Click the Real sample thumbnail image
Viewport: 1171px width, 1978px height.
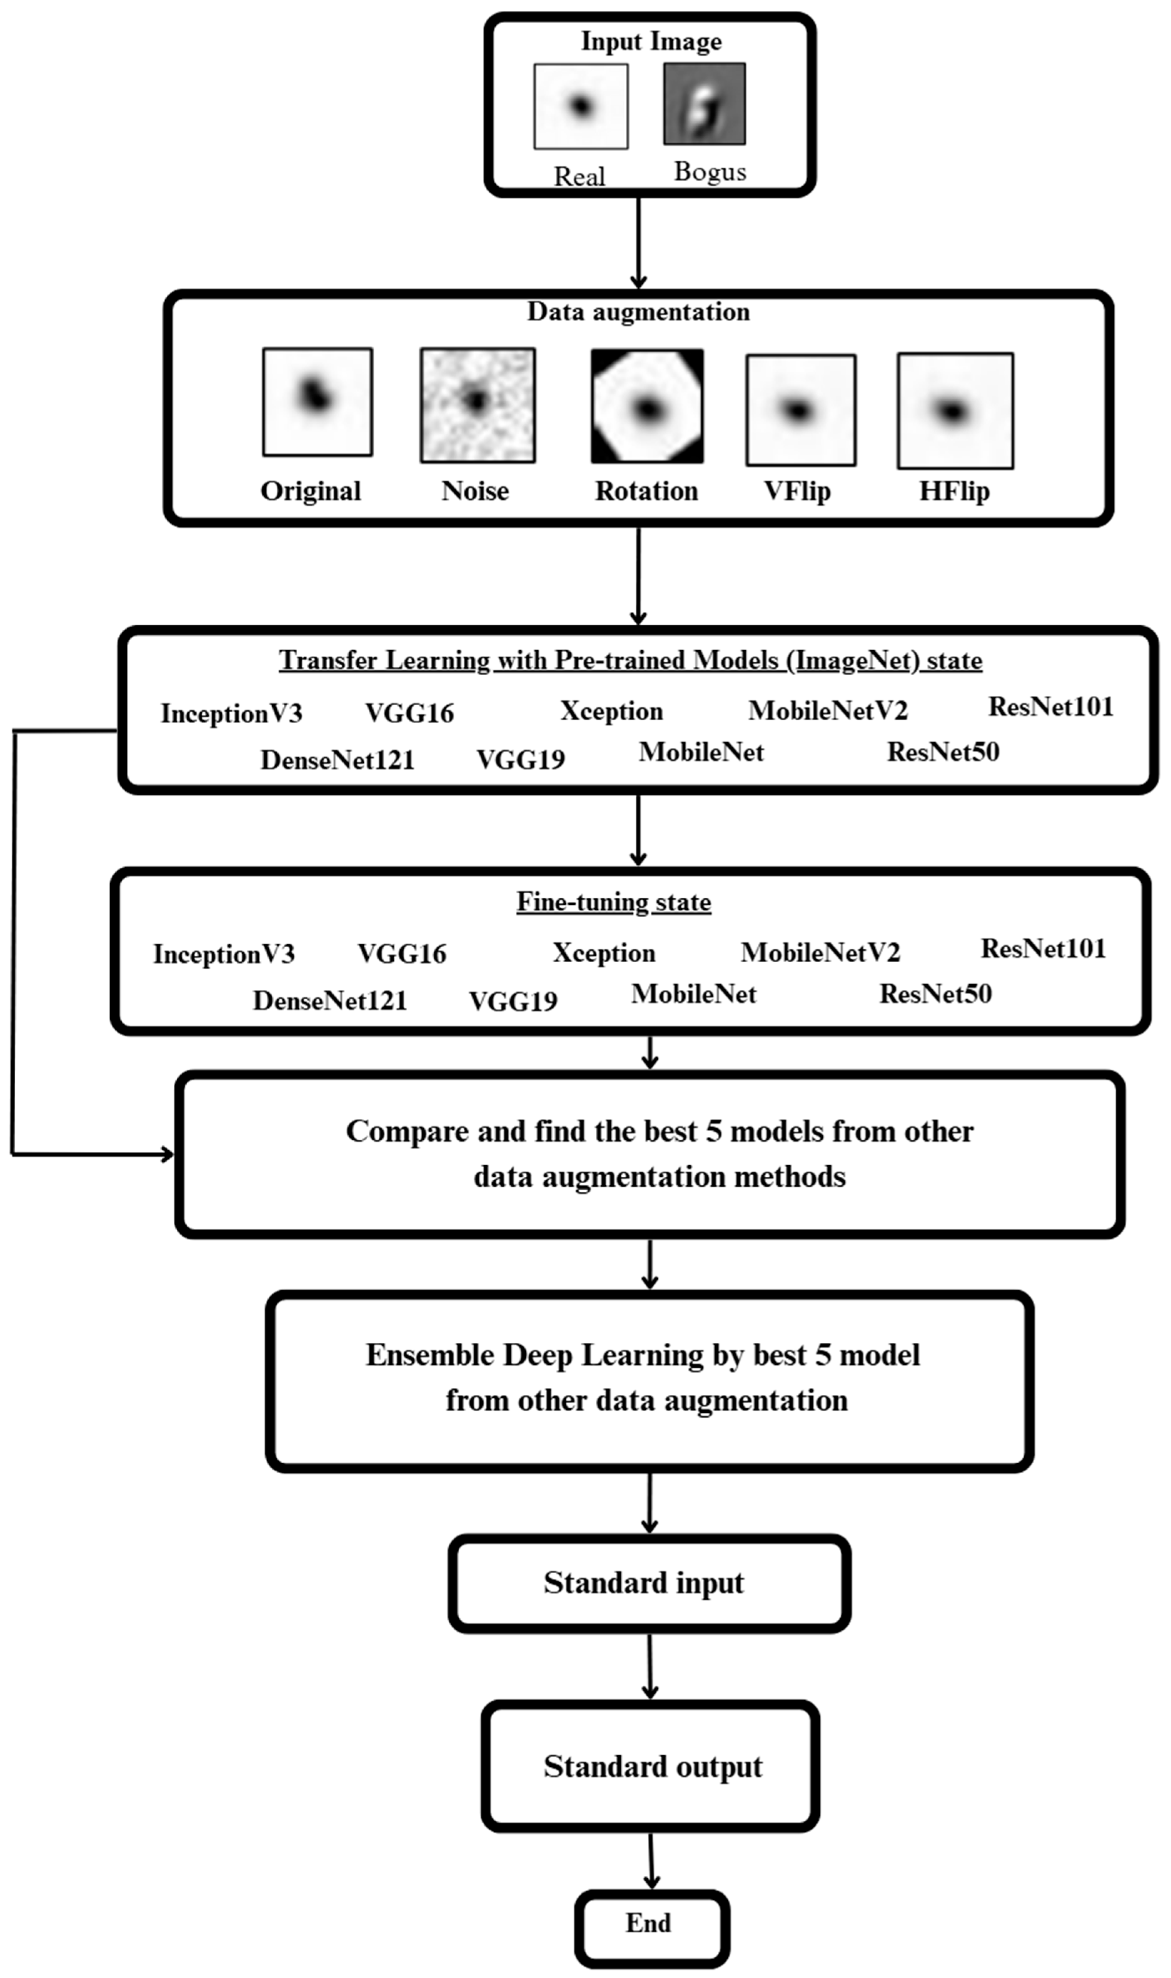(581, 106)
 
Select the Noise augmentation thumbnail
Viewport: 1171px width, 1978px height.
(478, 405)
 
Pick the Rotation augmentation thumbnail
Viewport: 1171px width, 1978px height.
(647, 406)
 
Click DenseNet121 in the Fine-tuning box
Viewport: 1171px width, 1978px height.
(330, 1000)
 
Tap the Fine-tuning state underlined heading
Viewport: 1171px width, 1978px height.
(614, 902)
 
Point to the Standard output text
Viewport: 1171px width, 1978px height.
(652, 1767)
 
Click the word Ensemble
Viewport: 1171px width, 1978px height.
(430, 1355)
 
